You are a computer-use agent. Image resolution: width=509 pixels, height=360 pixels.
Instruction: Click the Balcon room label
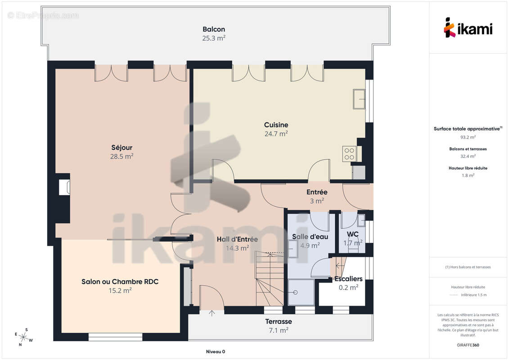pyautogui.click(x=214, y=29)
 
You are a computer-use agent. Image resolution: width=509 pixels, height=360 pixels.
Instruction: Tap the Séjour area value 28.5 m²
pyautogui.click(x=122, y=156)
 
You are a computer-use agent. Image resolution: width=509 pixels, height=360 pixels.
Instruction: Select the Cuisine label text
pyautogui.click(x=276, y=125)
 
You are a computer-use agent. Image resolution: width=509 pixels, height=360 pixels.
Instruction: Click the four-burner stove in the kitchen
pyautogui.click(x=349, y=154)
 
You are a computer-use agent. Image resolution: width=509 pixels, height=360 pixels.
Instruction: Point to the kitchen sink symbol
pyautogui.click(x=359, y=99)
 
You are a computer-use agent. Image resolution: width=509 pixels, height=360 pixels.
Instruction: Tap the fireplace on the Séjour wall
pyautogui.click(x=64, y=187)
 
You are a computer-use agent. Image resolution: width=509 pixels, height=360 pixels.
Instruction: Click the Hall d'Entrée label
pyautogui.click(x=237, y=239)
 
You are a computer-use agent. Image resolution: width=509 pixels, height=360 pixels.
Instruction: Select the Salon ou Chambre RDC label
pyautogui.click(x=120, y=281)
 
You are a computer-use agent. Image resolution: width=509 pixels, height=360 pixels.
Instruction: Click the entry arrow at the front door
pyautogui.click(x=212, y=313)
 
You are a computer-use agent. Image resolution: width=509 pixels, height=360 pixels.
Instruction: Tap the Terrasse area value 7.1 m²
pyautogui.click(x=278, y=330)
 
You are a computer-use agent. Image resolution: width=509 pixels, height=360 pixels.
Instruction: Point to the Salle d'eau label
pyautogui.click(x=310, y=237)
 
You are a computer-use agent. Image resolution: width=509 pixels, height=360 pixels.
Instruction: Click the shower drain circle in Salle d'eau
pyautogui.click(x=295, y=292)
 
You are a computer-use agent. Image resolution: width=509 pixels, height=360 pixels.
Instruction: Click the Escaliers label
pyautogui.click(x=348, y=279)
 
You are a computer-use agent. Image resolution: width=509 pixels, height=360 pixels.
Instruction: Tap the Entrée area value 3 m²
pyautogui.click(x=317, y=201)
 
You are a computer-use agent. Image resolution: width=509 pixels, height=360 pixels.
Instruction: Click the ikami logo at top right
pyautogui.click(x=468, y=28)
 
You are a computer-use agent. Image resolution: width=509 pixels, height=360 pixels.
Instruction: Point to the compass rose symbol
pyautogui.click(x=23, y=337)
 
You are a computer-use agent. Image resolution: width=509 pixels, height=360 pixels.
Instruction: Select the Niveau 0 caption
pyautogui.click(x=216, y=351)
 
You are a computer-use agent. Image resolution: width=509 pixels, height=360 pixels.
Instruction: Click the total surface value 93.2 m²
pyautogui.click(x=468, y=137)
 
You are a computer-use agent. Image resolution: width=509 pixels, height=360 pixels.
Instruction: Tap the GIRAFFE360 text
pyautogui.click(x=468, y=345)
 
